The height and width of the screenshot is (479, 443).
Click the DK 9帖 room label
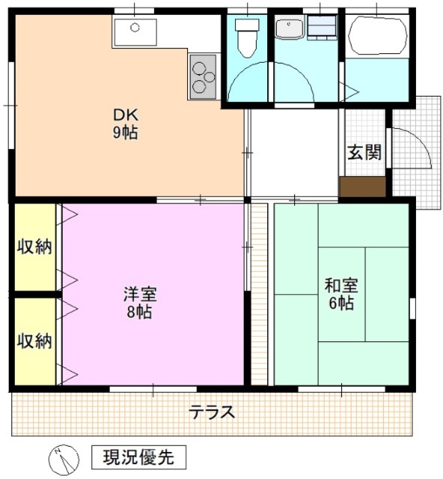click(x=124, y=124)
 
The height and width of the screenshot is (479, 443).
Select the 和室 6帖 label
click(x=340, y=293)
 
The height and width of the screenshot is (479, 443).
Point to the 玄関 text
click(x=364, y=153)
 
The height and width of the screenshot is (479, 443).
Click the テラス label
click(x=213, y=412)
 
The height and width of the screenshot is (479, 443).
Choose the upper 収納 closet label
click(x=34, y=247)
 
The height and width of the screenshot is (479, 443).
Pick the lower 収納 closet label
click(x=34, y=341)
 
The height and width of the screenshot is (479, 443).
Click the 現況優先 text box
click(x=138, y=456)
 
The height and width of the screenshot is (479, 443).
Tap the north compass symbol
click(x=61, y=456)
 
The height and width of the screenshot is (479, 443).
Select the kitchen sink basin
click(x=135, y=31)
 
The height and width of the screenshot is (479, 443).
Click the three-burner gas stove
click(x=202, y=77)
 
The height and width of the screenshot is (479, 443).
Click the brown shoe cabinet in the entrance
click(x=363, y=186)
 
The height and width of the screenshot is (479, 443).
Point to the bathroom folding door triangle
click(x=352, y=91)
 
